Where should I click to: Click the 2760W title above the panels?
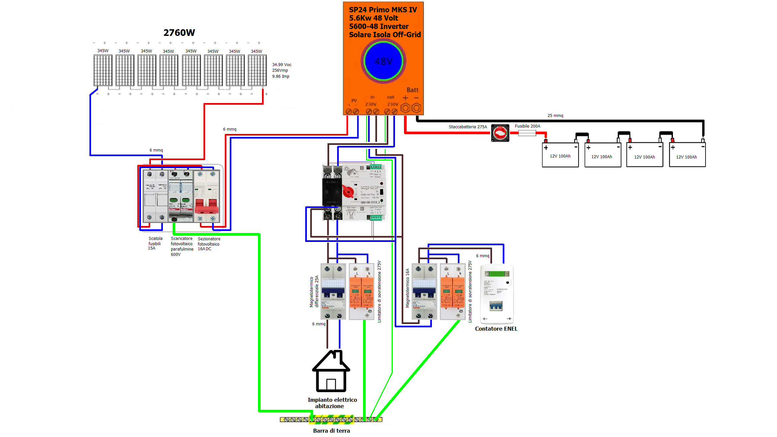coord(179,33)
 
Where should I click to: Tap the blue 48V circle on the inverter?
coord(383,61)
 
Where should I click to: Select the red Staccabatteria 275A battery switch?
coord(500,133)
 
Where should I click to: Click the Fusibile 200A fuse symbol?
coord(527,133)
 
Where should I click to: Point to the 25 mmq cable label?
coord(555,116)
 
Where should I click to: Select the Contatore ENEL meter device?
coord(497,294)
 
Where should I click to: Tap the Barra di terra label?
coord(331,431)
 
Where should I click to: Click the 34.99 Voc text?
coord(282,65)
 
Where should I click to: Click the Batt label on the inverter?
coord(412,90)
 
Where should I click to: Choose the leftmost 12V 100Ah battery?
coord(560,155)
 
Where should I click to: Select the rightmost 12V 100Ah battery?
coord(687,155)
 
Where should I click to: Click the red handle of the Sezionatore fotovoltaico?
coord(206,207)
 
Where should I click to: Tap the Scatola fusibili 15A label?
coord(155,243)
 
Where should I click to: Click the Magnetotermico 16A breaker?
coord(424,291)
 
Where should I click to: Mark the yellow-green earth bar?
coord(331,419)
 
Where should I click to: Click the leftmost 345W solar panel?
coord(103,70)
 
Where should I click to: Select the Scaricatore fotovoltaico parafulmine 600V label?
coord(182,246)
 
